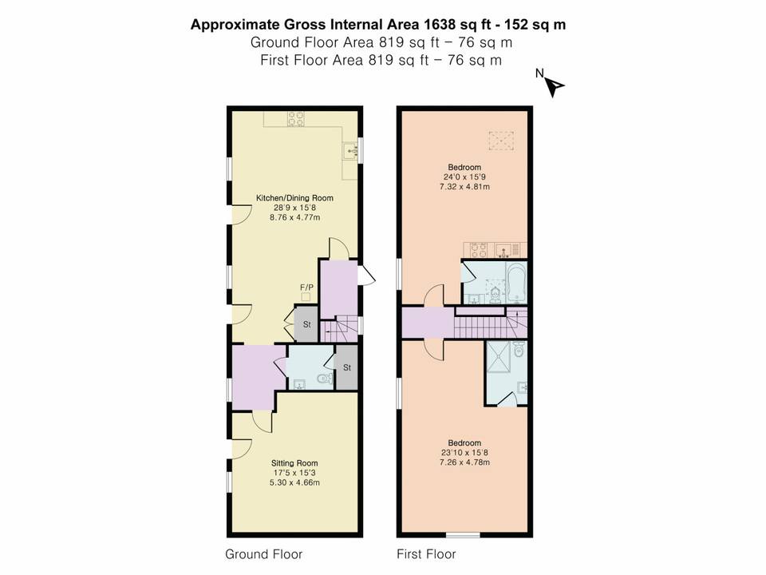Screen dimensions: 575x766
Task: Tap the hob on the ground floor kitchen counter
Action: [x=297, y=118]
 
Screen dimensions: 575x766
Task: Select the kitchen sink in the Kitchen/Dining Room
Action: [x=349, y=149]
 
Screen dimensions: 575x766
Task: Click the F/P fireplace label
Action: [x=306, y=287]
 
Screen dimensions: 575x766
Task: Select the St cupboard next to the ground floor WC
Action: [x=347, y=367]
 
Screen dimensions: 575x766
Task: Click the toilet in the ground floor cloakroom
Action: [x=324, y=379]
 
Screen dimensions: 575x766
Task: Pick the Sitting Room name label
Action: [x=295, y=462]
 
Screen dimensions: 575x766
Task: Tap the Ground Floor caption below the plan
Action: [x=264, y=553]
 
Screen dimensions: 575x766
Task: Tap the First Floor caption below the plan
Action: [x=426, y=553]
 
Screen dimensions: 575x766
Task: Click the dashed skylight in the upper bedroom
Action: [x=499, y=141]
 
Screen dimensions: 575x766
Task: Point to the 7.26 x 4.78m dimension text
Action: [x=464, y=462]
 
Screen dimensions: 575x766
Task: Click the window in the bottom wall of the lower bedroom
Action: [x=463, y=536]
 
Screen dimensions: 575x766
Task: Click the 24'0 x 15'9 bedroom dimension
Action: [x=464, y=176]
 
